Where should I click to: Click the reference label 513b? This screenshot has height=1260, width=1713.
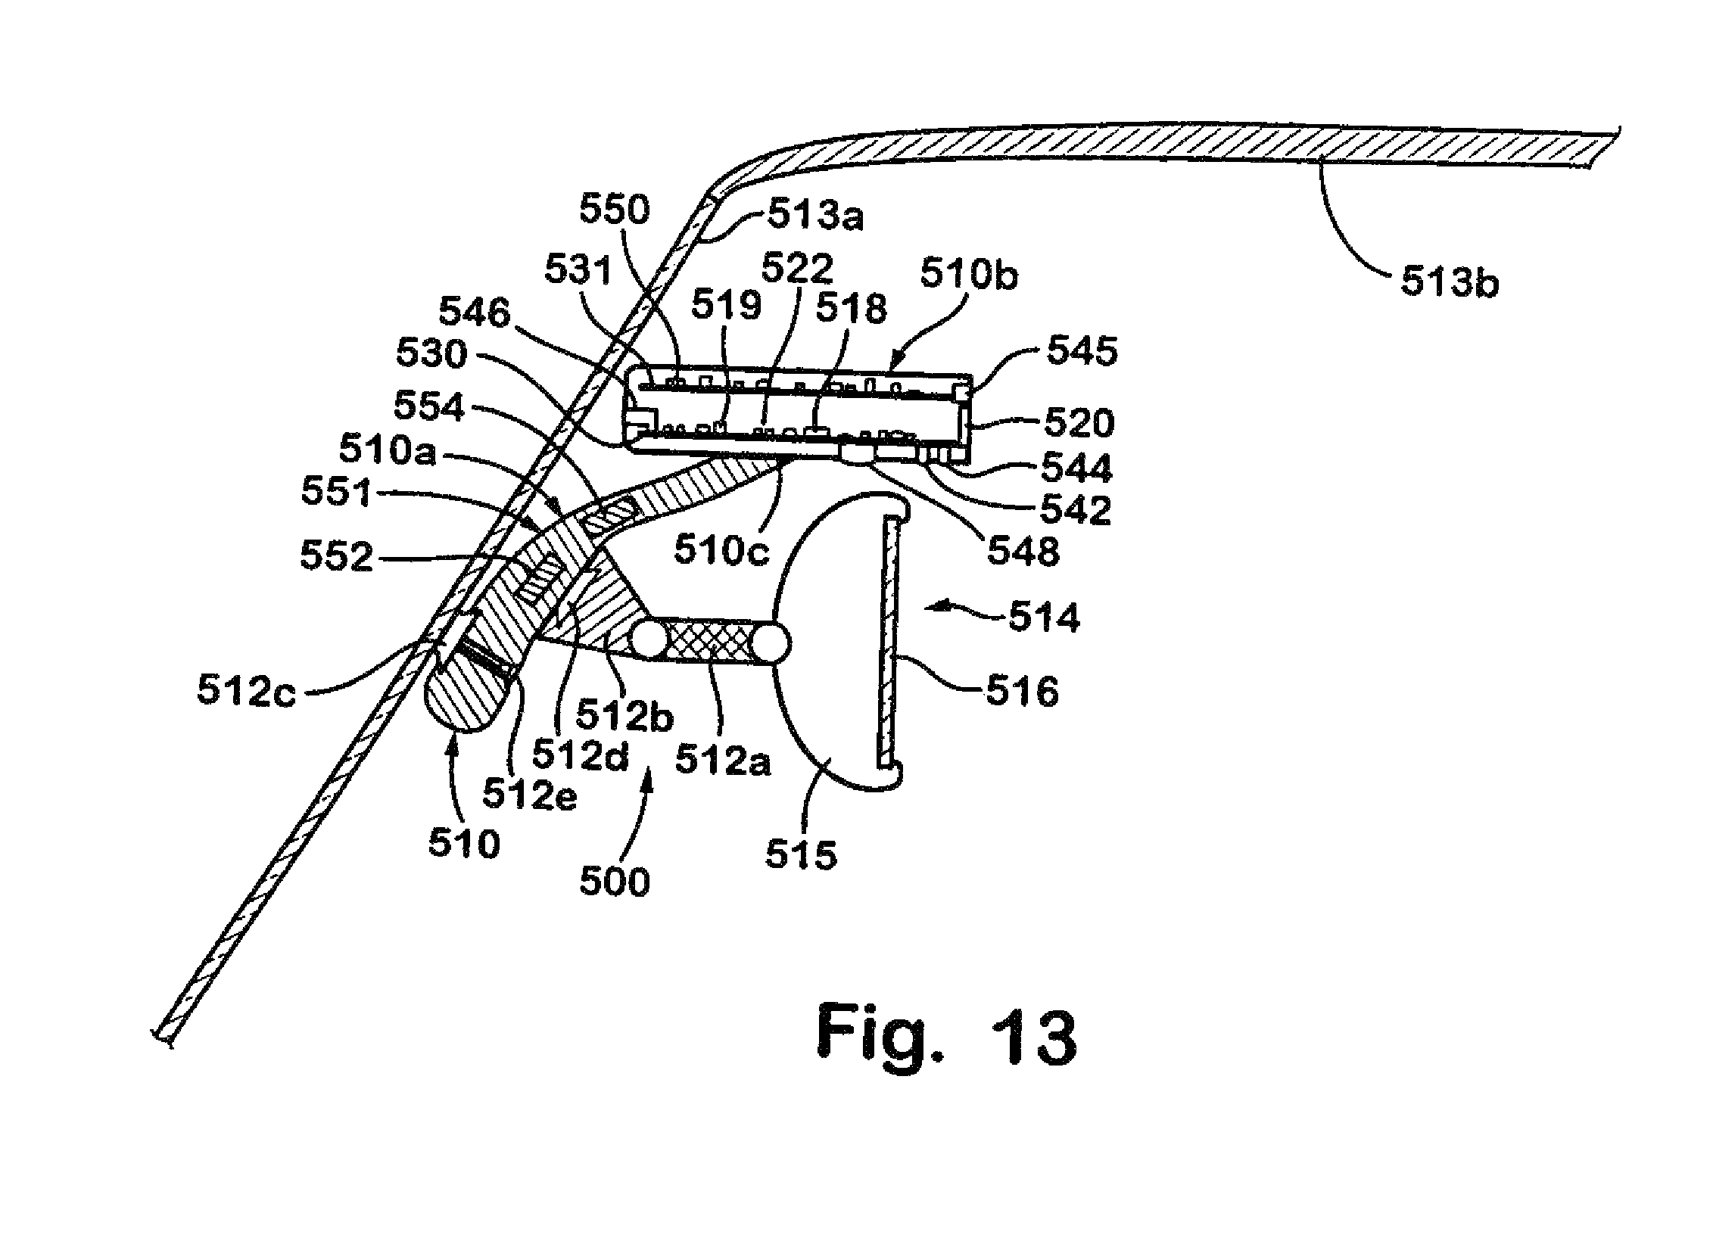1449,282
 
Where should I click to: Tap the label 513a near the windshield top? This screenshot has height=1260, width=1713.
815,215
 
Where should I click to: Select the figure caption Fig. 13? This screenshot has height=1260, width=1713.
946,1037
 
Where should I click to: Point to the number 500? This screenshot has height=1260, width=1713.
614,882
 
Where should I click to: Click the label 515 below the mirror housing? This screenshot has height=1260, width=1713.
801,854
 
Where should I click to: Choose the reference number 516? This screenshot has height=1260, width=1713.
1022,692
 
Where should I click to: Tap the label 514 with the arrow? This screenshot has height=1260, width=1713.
1043,616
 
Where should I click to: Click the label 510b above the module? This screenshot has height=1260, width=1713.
969,274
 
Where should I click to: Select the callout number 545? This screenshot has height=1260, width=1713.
1082,351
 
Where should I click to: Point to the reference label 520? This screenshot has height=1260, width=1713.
1079,422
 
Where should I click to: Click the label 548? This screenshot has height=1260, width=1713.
1023,551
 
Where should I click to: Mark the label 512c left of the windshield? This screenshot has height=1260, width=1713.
245,690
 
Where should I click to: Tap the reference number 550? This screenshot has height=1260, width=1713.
614,209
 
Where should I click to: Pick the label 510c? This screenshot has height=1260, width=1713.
721,550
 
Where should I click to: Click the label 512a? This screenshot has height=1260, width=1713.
722,760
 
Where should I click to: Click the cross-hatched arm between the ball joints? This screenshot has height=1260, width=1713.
711,639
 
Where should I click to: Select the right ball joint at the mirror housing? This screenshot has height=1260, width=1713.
770,644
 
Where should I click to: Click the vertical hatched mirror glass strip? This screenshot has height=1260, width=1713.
889,642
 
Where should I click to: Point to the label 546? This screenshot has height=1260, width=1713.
474,313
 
